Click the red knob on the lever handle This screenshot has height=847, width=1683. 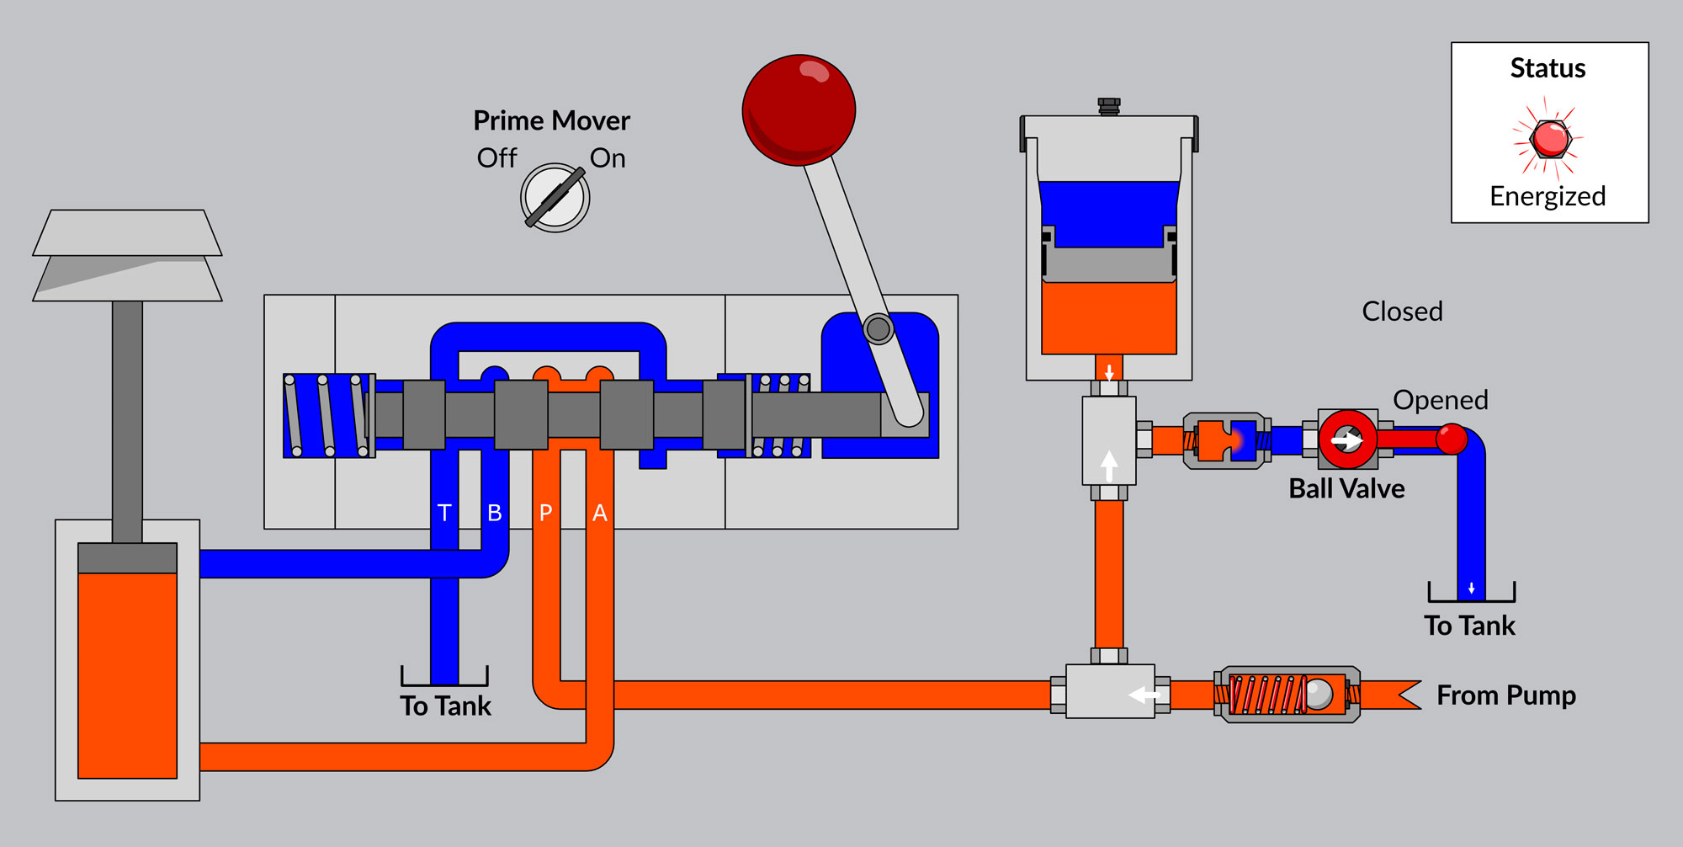tap(799, 109)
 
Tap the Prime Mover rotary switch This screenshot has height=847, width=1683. tap(555, 198)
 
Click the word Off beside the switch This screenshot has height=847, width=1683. tap(496, 158)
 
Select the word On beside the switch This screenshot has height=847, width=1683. tap(608, 158)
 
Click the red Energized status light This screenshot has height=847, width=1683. tap(1549, 138)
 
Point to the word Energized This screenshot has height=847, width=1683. tap(1548, 196)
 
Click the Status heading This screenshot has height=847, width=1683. tap(1548, 68)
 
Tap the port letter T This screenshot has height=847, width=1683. tap(444, 513)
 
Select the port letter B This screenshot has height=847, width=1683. tap(495, 513)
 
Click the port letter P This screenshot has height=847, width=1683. tap(545, 513)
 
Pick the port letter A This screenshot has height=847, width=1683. tap(599, 513)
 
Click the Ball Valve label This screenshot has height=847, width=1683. tap(1346, 489)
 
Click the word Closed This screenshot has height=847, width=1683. tap(1402, 312)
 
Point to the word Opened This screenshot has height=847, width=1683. tap(1440, 400)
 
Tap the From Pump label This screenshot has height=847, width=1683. tap(1505, 695)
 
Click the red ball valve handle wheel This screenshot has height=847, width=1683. tap(1347, 439)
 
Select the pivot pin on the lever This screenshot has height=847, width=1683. tap(878, 328)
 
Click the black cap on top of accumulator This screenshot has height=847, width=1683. tap(1109, 106)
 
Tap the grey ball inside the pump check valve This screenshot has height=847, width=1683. tap(1319, 694)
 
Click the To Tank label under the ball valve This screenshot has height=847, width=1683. tap(1469, 626)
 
